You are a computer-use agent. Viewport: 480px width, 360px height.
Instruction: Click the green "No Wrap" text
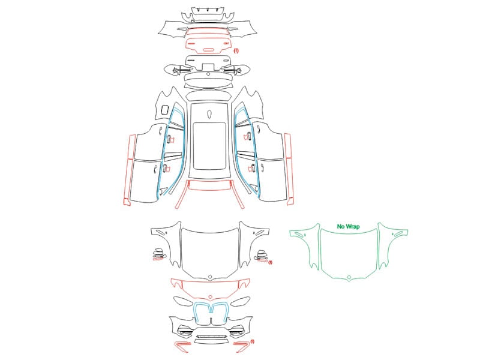(348, 227)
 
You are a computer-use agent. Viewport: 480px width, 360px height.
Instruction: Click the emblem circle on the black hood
(210, 277)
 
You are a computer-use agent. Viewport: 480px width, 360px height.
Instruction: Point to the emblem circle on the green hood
(349, 278)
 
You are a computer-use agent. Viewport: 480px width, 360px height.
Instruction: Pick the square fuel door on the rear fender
(164, 110)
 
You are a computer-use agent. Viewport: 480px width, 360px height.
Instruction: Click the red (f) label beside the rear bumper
(236, 51)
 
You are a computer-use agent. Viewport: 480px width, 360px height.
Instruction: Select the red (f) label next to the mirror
(270, 262)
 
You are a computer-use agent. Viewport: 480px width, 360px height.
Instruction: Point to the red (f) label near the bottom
(252, 341)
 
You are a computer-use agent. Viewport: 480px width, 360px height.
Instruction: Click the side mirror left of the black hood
(159, 254)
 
